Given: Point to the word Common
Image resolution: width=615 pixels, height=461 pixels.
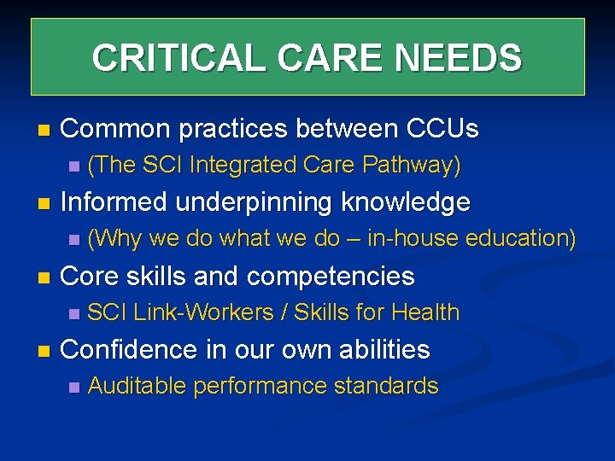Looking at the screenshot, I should click(115, 129).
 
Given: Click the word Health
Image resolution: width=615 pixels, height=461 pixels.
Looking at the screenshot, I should click(425, 312).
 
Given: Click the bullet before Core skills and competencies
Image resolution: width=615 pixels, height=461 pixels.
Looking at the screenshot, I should click(44, 277).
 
